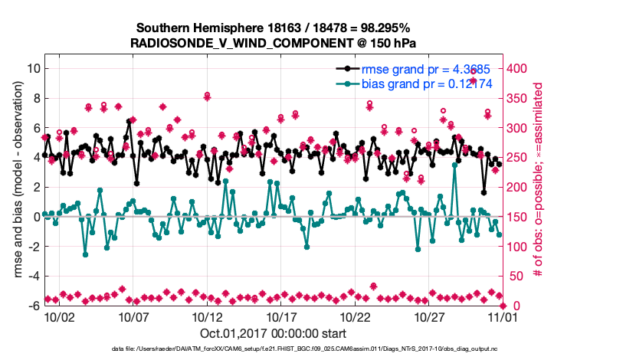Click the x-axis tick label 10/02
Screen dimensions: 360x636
pos(59,316)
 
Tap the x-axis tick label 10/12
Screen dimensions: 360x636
pos(207,316)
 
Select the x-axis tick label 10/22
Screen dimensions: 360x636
pos(355,316)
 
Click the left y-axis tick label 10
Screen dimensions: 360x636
pos(33,68)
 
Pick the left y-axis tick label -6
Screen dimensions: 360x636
pos(33,306)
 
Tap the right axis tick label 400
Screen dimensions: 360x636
pos(518,68)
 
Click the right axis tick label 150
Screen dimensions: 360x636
pos(518,217)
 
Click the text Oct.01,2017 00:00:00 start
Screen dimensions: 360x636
pos(273,334)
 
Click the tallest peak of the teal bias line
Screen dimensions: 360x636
pos(455,164)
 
